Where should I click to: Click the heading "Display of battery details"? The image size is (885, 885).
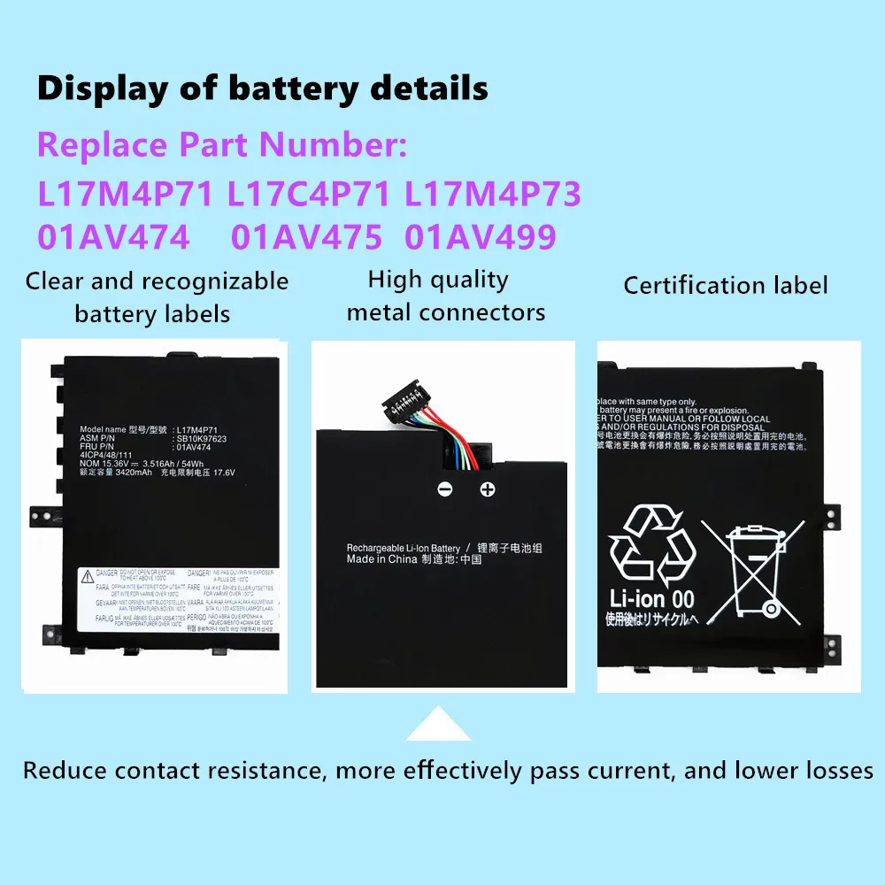[x=262, y=89]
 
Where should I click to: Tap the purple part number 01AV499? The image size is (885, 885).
[x=481, y=237]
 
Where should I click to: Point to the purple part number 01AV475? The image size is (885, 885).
[x=306, y=237]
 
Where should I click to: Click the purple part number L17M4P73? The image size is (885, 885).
[x=492, y=194]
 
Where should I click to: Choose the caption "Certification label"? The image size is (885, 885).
[x=726, y=285]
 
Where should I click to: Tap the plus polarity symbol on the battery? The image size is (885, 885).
[x=487, y=489]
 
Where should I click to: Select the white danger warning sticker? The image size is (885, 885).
[x=178, y=599]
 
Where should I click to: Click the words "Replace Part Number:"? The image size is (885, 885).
[x=222, y=145]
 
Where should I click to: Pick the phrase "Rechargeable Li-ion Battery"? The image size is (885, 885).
[x=404, y=548]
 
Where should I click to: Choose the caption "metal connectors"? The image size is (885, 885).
[x=446, y=312]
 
